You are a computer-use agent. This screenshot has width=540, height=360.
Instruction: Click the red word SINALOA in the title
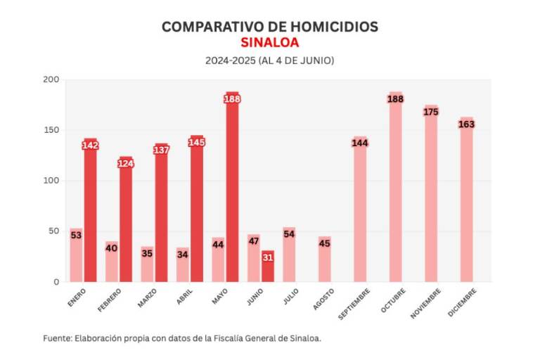pos(269,43)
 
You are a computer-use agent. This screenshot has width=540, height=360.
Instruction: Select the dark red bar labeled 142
pos(90,211)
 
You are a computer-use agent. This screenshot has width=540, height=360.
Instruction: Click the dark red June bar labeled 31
pos(267,266)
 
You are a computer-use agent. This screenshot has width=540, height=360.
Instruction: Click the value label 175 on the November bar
pos(431,112)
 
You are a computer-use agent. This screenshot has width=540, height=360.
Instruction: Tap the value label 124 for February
pos(126,164)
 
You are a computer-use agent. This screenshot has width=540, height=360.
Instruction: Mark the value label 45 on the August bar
pos(324,244)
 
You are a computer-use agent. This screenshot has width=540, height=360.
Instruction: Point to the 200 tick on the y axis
pos(51,79)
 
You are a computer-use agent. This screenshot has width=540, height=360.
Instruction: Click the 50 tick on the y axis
pos(53,231)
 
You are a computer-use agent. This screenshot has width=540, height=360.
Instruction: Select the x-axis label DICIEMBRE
pos(462,302)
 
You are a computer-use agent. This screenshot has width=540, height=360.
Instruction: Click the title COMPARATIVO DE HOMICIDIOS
pos(269,27)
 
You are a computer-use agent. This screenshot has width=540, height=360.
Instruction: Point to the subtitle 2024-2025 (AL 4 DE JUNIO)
pos(269,60)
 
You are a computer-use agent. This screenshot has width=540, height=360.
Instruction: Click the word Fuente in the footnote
pos(56,338)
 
